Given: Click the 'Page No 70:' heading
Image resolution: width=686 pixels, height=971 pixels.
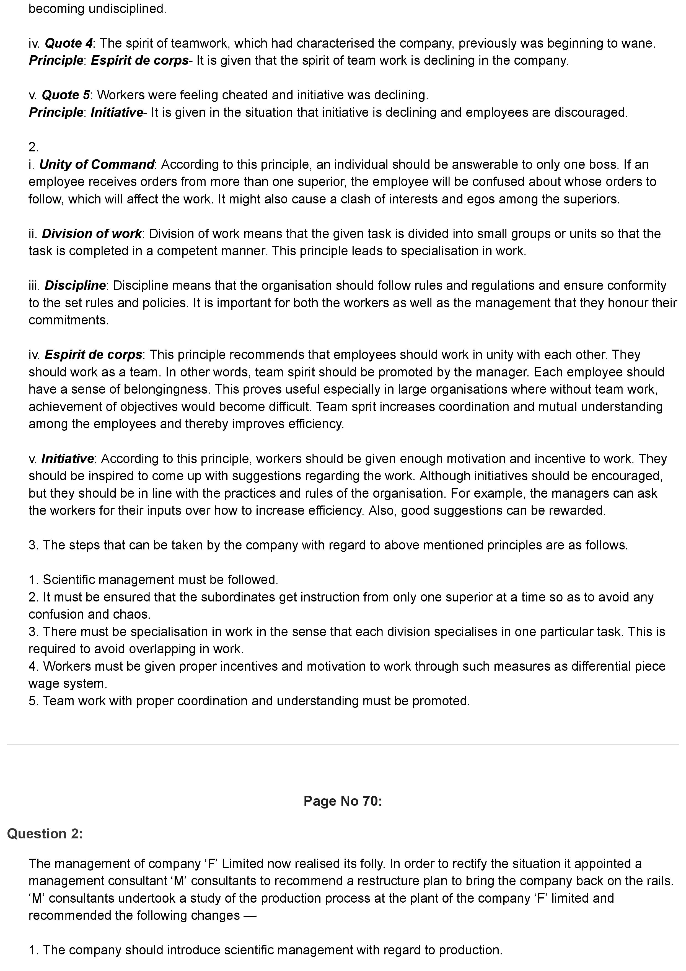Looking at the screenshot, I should click(343, 801).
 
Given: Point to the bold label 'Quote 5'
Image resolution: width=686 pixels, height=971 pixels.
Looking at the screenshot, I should click(66, 95).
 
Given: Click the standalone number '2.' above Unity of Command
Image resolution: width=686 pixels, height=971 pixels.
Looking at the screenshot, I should click(33, 147).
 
